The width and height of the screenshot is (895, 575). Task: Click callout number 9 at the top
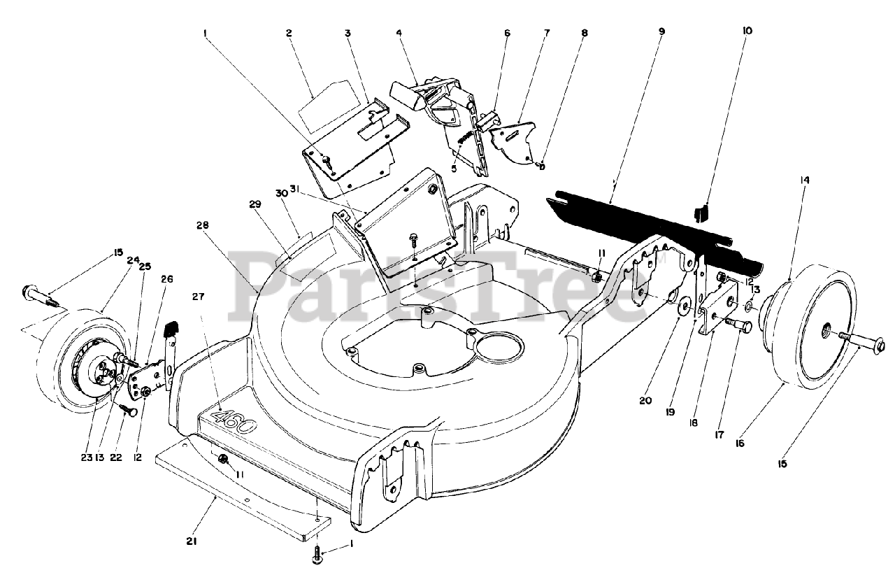pos(661,31)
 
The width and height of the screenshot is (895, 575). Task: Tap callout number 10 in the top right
pos(747,31)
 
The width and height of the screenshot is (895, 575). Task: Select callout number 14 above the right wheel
pos(804,180)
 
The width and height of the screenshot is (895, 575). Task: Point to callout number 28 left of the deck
pos(202,225)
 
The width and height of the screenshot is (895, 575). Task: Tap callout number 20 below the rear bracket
pos(644,402)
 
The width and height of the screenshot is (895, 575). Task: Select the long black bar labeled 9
pos(650,221)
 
